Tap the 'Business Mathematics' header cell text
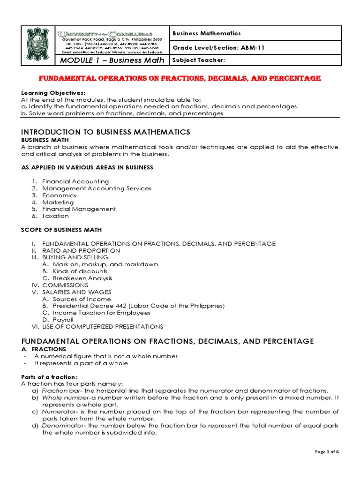coord(207,33)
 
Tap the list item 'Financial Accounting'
coord(75,181)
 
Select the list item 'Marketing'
coord(58,202)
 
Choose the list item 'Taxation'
coord(55,216)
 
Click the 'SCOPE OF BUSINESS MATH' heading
coord(61,230)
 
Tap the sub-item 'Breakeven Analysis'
coord(82,278)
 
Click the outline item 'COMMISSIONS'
coord(65,285)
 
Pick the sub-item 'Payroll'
coord(63,320)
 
